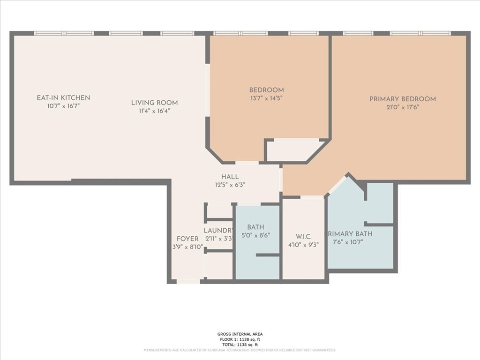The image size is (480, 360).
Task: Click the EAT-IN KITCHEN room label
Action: tap(63, 98)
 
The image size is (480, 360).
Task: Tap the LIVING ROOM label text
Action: tap(154, 103)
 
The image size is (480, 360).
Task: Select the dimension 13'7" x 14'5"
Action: tap(266, 98)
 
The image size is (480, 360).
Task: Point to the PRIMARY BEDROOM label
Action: tap(402, 99)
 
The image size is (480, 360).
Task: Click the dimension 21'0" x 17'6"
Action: tap(402, 107)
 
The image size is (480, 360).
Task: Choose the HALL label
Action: tap(230, 177)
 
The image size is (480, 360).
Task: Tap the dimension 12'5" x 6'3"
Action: tap(230, 185)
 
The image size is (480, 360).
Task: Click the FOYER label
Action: tap(187, 239)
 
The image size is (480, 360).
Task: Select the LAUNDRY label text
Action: tap(218, 231)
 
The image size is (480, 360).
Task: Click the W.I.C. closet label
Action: tap(304, 236)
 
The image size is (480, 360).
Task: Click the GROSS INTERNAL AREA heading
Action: tap(240, 334)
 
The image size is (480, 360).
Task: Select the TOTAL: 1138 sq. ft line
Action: tap(240, 345)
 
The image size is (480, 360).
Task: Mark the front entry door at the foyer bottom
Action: tap(188, 282)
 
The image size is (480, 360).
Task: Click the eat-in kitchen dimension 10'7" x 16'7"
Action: tap(63, 106)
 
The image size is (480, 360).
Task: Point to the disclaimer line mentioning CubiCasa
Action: tap(240, 350)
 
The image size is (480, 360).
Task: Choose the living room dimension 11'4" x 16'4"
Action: tap(154, 111)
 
